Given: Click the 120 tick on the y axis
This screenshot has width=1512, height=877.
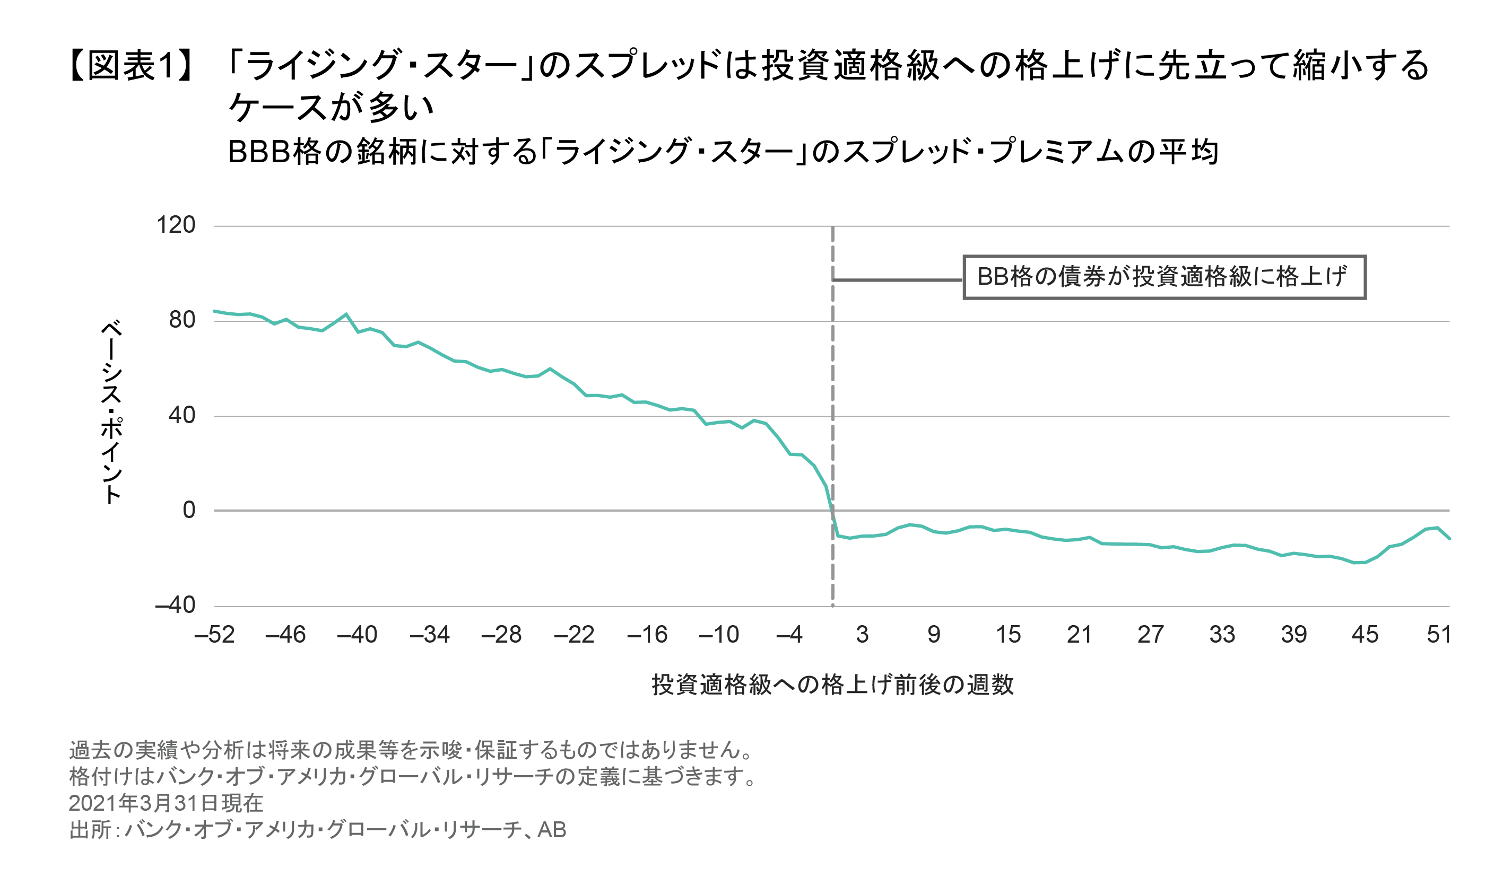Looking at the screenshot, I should pos(176,225).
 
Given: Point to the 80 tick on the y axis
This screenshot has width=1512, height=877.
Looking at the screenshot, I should pos(182,320).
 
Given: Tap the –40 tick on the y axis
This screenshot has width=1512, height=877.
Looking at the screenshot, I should pos(175,606).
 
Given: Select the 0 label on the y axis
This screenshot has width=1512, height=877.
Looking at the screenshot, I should pos(189,511).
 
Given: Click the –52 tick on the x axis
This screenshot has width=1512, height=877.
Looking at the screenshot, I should pos(214,635).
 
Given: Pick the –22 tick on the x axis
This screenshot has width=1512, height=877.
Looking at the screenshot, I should pos(573,635).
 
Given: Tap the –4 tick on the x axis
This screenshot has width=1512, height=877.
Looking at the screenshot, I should pos(789,635).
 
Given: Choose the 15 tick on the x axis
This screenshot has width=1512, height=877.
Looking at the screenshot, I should pos(1008,635).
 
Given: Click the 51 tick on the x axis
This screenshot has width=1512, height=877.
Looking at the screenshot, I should pos(1439,635).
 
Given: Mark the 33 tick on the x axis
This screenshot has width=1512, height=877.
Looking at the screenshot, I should pos(1222,635).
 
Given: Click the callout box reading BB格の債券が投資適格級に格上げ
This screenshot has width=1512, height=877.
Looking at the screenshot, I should pos(1164,277).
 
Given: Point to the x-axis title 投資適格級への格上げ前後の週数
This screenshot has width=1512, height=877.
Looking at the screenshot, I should pos(833,685).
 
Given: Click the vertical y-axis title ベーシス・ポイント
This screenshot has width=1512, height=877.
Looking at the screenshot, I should pos(111,413).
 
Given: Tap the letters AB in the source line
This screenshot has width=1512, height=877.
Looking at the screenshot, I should pos(552,830).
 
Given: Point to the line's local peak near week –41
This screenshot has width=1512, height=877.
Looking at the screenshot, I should pos(346,314).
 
